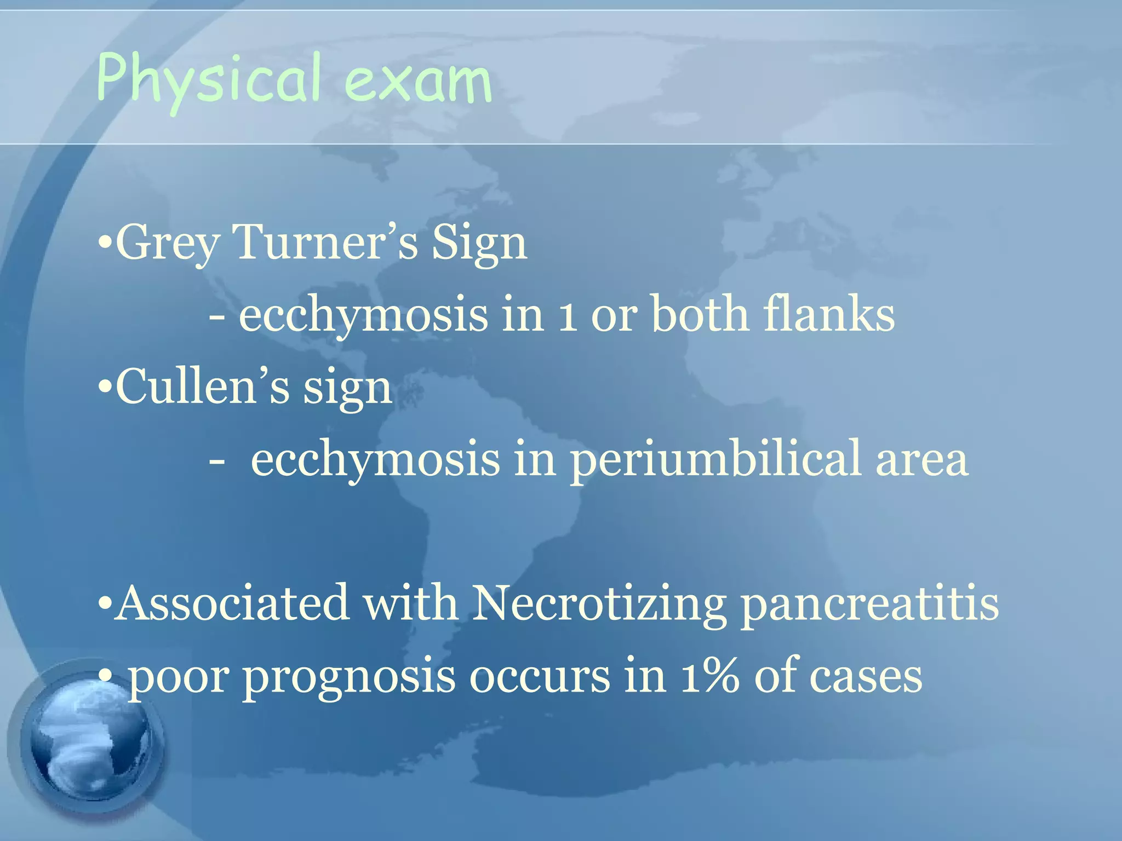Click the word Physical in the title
click(208, 79)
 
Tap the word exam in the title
click(419, 82)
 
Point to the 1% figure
click(709, 676)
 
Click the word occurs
click(539, 677)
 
